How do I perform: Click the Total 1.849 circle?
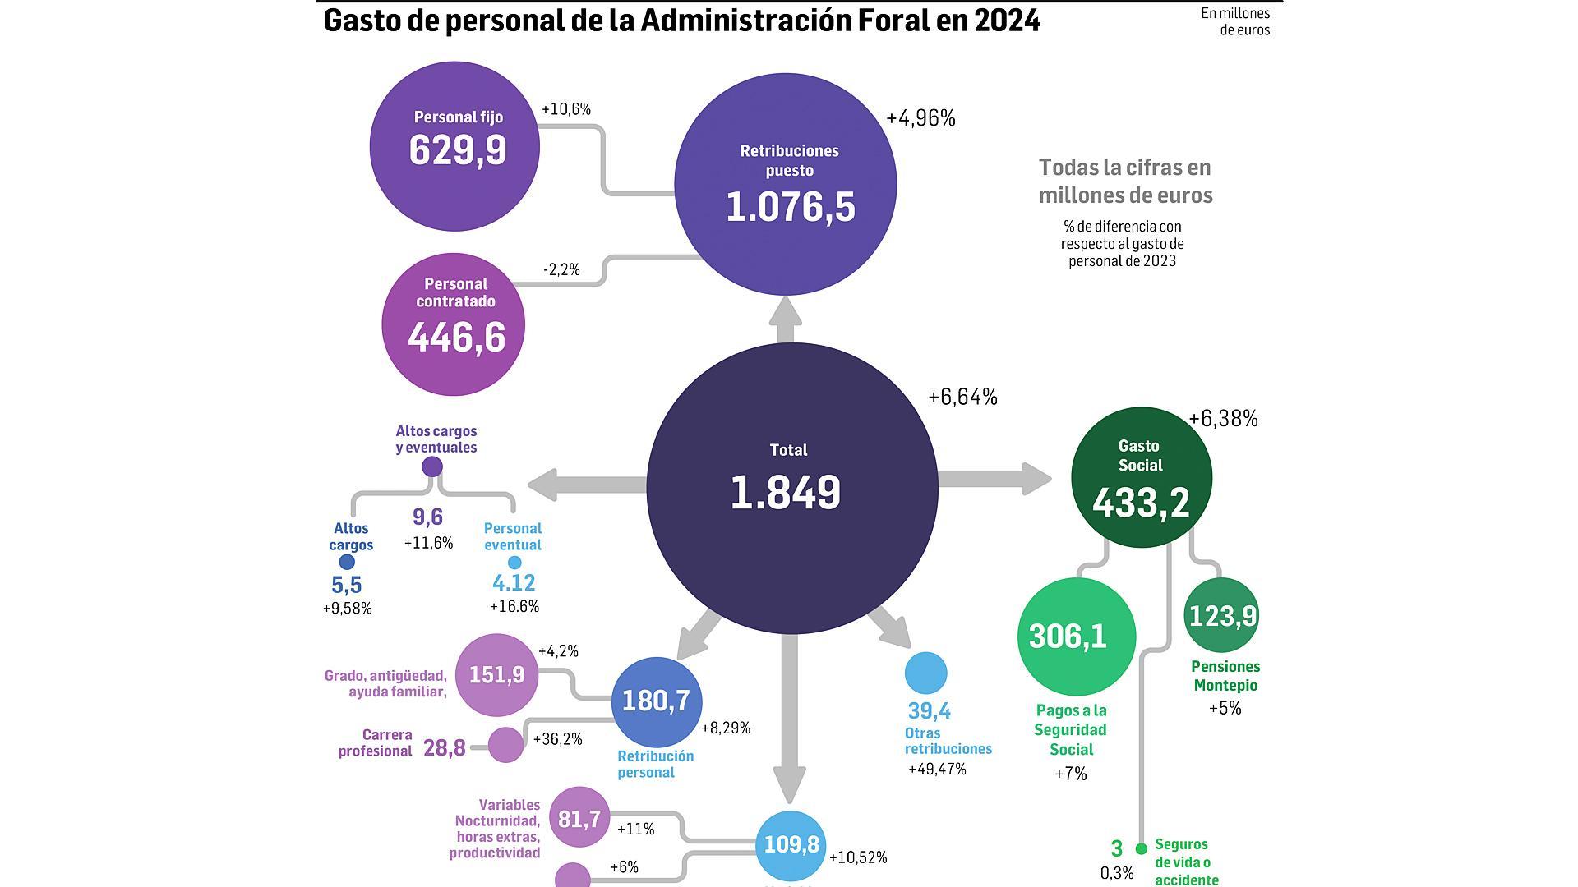pos(791,488)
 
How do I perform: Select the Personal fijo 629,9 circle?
pos(455,147)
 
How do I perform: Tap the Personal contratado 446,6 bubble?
pos(454,324)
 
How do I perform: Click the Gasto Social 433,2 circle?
pos(1141,478)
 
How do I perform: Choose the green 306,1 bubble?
pos(1076,637)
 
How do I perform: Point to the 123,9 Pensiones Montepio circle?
pos(1220,615)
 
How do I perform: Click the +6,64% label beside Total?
pos(962,398)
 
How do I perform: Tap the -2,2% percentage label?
pos(561,269)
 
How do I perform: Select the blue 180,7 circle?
pos(657,701)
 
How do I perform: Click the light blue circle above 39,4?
pos(925,673)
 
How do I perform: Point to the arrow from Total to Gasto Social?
pos(994,479)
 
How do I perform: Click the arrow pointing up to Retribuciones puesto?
pos(786,319)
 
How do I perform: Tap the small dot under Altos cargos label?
pos(347,563)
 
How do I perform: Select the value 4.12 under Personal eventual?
pos(514,583)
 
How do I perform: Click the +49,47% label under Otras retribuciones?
pos(937,770)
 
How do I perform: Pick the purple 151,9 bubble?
pos(496,675)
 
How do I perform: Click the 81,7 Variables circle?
pos(579,818)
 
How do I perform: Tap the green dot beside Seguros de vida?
pos(1141,848)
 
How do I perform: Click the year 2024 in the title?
pos(1008,21)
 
